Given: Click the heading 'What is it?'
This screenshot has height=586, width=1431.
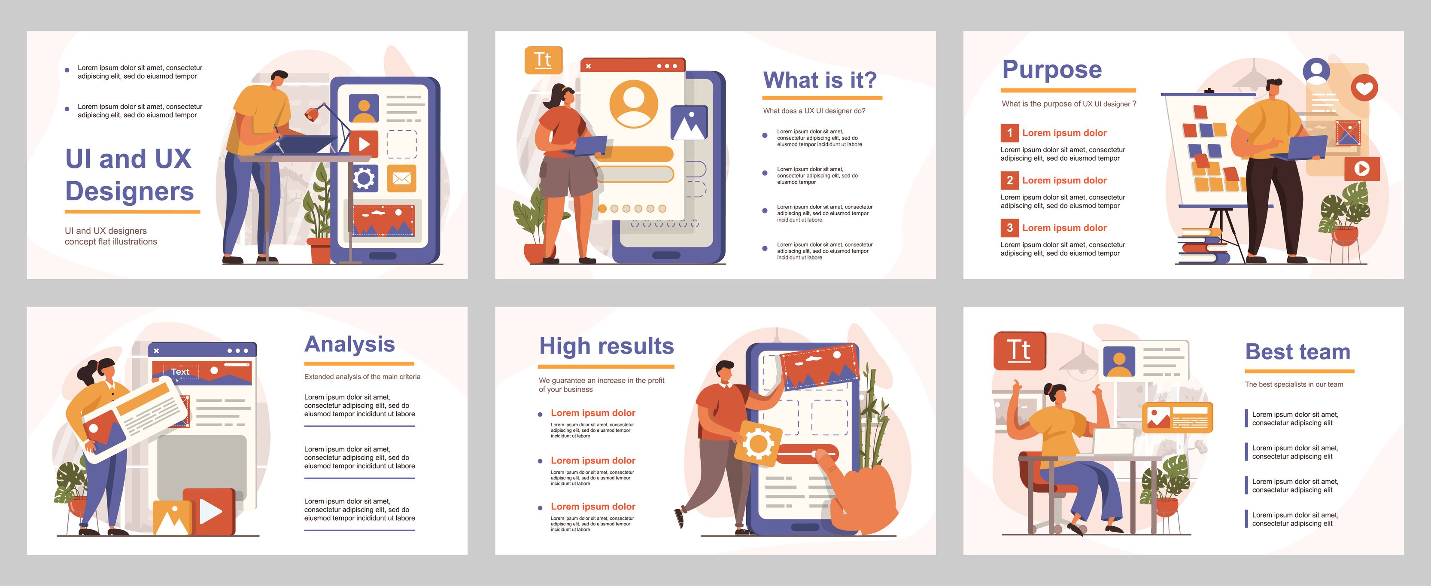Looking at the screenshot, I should tap(820, 80).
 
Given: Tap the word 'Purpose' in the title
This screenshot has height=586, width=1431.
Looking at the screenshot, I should tap(1051, 70).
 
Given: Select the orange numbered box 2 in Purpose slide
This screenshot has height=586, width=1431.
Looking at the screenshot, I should tap(1009, 180).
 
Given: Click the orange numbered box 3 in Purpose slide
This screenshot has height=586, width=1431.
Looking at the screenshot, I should tap(1009, 227).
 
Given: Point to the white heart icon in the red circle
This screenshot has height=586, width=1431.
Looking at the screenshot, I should tap(1364, 88).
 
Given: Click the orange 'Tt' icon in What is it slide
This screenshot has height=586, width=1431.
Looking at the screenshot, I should tap(543, 60).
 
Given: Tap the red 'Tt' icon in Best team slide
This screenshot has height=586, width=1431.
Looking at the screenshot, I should tap(1019, 350).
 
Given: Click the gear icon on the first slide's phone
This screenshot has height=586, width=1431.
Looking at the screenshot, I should tap(364, 178).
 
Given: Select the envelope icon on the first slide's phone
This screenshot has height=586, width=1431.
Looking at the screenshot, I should tap(401, 178).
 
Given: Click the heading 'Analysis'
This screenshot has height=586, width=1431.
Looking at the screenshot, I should tap(349, 344).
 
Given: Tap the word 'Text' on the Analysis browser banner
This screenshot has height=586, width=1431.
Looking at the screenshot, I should tap(180, 371).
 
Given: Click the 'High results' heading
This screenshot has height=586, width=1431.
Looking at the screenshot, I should tap(606, 346).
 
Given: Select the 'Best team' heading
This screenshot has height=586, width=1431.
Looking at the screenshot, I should tap(1297, 352).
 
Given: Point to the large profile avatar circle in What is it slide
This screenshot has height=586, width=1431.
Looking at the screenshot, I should tap(633, 104).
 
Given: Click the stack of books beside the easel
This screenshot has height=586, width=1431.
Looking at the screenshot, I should tap(1203, 247).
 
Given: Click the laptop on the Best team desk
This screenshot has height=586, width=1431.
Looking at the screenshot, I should tap(1113, 443).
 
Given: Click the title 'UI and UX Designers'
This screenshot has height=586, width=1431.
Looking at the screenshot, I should tap(129, 174).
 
